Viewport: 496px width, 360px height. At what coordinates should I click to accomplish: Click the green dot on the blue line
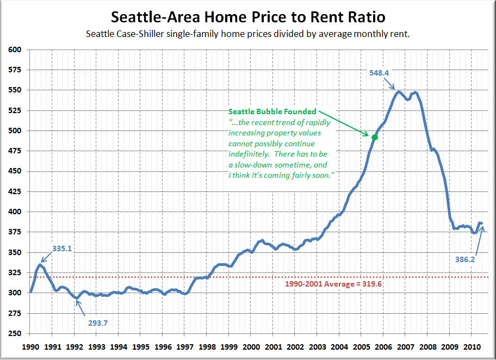(374, 138)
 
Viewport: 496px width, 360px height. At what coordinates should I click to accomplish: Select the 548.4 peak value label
(379, 72)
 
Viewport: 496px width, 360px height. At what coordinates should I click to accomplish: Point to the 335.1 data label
(63, 249)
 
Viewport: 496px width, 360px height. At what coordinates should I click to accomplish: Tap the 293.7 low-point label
(98, 322)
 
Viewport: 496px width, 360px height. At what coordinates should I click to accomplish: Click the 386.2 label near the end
(465, 259)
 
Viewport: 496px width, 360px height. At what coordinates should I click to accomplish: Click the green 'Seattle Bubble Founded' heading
(272, 111)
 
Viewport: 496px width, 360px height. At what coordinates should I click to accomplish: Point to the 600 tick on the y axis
(15, 49)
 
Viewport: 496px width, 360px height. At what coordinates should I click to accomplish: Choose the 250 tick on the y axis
(15, 333)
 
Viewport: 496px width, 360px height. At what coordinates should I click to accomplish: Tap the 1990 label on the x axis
(30, 346)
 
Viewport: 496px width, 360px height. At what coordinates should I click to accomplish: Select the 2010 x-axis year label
(472, 346)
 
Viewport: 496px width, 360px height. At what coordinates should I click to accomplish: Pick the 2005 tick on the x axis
(362, 346)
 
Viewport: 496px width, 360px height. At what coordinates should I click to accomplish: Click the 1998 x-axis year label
(207, 346)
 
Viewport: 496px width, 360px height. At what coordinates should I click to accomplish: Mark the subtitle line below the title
(247, 34)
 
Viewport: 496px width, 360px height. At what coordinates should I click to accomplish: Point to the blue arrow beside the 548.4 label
(389, 83)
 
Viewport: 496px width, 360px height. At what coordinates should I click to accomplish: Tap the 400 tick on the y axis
(15, 212)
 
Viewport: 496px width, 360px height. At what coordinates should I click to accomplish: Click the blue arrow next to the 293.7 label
(79, 308)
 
